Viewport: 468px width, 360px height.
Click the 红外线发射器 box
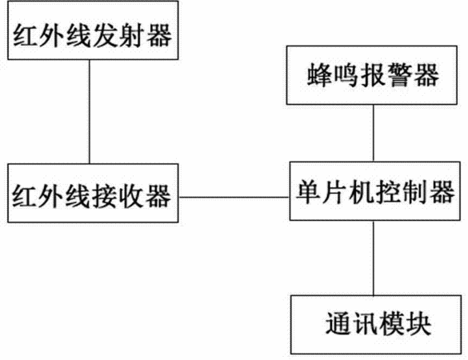tap(93, 30)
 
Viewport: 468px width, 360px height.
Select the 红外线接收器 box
tap(93, 193)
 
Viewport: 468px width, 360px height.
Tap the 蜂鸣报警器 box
tap(371, 75)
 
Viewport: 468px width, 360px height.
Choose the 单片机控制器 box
tap(375, 191)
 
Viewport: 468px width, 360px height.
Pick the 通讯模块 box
tap(376, 325)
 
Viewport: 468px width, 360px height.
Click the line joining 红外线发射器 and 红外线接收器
tap(90, 112)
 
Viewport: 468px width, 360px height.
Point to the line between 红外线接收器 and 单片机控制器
tap(234, 197)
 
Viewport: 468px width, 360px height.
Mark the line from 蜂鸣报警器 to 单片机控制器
tap(373, 133)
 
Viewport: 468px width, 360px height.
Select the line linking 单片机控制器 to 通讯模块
tap(373, 258)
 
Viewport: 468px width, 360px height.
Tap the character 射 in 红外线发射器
tap(133, 35)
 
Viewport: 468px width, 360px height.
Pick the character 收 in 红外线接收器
tap(131, 196)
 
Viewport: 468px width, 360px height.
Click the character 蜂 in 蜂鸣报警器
tap(319, 75)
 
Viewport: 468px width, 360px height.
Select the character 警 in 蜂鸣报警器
tap(399, 75)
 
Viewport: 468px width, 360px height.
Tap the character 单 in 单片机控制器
tap(310, 192)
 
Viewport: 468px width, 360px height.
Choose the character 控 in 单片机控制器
tap(389, 192)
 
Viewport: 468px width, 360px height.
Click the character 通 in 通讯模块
tap(338, 324)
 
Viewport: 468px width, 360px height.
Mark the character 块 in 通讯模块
tap(418, 324)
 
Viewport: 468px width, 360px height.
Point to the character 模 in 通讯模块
tap(392, 324)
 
